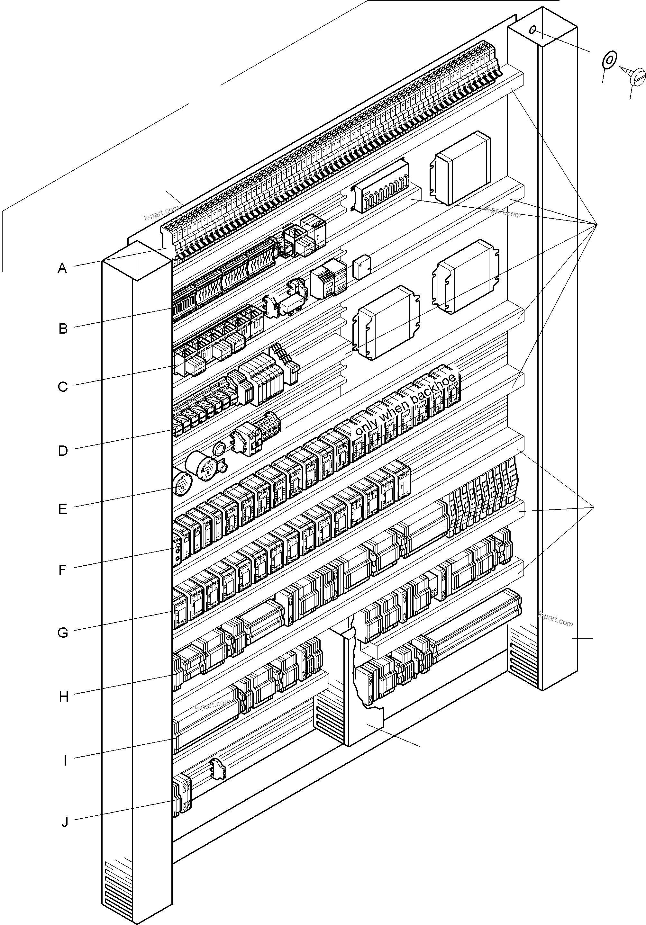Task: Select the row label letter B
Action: tap(63, 328)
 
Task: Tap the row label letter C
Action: tap(62, 387)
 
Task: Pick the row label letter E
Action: tap(62, 509)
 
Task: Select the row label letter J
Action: tap(65, 822)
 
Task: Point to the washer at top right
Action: tap(608, 60)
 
